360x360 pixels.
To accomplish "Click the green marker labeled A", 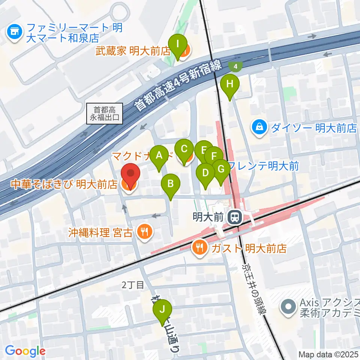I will (159, 155).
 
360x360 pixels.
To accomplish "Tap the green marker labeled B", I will (171, 184).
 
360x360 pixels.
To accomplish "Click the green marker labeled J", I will (163, 310).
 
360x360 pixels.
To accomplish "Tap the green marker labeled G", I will (221, 169).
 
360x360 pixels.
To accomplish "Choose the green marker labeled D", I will (205, 173).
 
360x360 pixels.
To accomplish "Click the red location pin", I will (130, 174).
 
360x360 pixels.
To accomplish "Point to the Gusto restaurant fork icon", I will (198, 247).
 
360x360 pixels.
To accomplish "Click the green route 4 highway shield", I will (235, 66).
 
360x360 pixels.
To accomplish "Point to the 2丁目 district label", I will (133, 285).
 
